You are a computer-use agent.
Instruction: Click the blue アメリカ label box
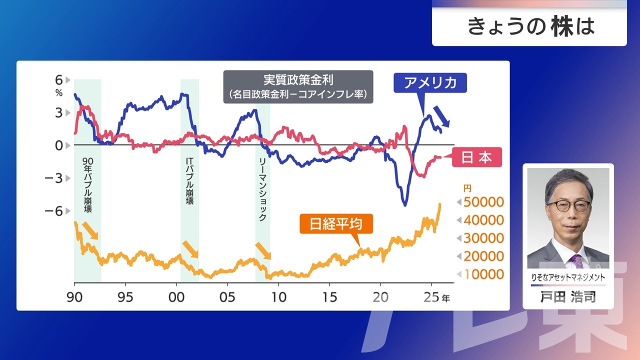(430, 83)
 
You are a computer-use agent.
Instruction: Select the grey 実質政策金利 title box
(298, 86)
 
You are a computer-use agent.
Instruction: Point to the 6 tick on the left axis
(59, 80)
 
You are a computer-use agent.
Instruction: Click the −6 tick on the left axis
(55, 211)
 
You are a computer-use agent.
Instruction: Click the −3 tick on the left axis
(55, 178)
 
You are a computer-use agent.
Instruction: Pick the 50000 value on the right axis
(483, 202)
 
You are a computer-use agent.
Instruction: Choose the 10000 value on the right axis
(483, 274)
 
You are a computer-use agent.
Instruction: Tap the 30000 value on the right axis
(483, 238)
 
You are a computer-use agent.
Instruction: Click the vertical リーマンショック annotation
(263, 190)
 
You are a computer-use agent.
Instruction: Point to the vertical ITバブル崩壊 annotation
(189, 181)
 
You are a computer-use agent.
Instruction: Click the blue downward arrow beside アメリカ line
(441, 116)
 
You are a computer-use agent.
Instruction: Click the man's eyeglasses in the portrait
(568, 205)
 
